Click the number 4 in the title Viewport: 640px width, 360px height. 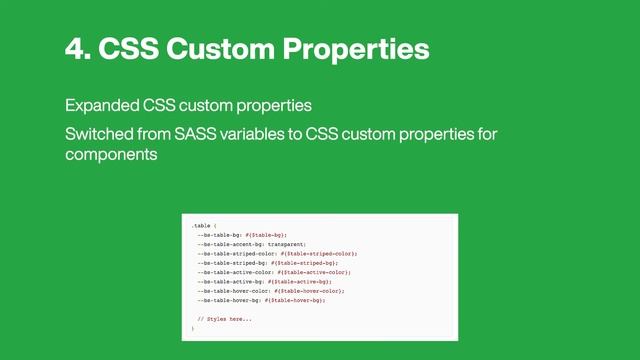click(74, 50)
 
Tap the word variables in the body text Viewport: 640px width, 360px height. click(268, 133)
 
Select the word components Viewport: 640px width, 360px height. click(112, 156)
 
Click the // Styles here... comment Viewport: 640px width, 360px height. click(224, 319)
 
